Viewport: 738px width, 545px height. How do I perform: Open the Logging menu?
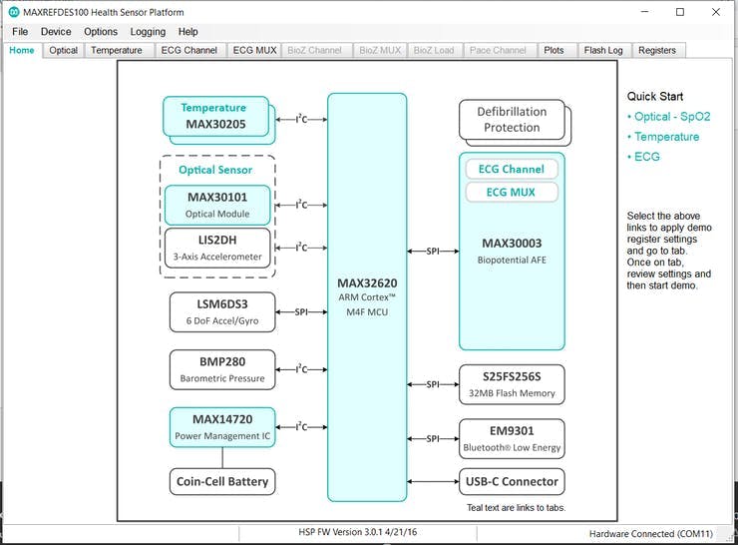click(x=148, y=32)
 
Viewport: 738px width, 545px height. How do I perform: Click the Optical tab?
click(x=64, y=50)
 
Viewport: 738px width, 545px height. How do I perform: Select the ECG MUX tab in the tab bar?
click(x=254, y=50)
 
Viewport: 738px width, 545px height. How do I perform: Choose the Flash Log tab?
click(x=603, y=50)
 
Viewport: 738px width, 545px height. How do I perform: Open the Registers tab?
click(x=657, y=50)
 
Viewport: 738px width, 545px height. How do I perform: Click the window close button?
click(x=715, y=12)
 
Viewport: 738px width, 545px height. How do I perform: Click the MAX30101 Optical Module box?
click(x=216, y=205)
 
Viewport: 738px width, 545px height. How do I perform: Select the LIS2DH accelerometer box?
click(x=216, y=248)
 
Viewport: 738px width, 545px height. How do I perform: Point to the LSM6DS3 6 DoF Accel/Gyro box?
click(x=221, y=311)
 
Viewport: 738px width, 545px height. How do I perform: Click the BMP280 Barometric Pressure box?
click(x=221, y=369)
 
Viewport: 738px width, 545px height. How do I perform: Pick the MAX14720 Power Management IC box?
click(x=221, y=427)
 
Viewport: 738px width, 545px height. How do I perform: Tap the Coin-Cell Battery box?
click(x=221, y=481)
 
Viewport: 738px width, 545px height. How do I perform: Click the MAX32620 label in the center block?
click(x=367, y=283)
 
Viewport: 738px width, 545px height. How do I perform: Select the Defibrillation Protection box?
click(x=511, y=120)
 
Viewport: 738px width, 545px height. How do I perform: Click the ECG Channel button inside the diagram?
click(x=511, y=170)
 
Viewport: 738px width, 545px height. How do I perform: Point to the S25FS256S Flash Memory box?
click(x=511, y=384)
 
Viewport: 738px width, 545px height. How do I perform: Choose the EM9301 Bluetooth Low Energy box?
click(x=511, y=438)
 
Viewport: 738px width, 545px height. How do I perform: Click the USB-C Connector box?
click(x=511, y=481)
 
